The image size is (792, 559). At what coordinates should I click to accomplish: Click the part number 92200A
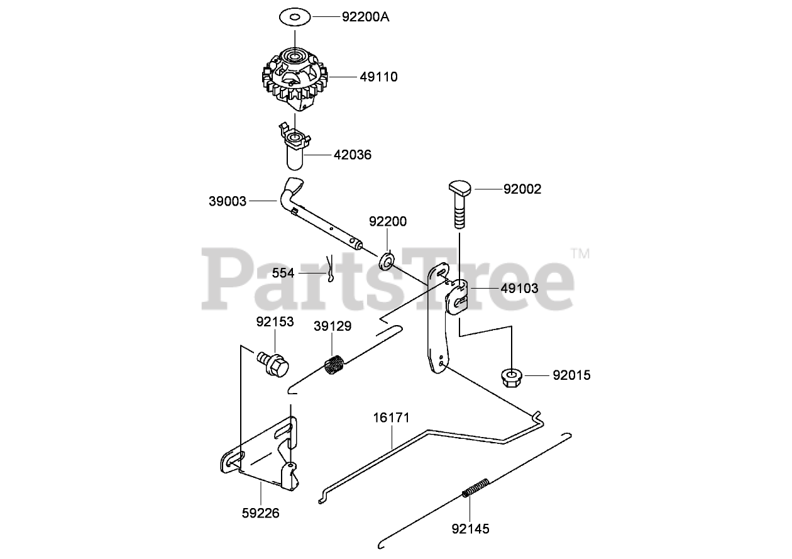pos(366,17)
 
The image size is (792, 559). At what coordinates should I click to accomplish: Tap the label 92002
pos(522,189)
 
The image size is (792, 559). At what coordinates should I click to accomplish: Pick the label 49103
pos(520,289)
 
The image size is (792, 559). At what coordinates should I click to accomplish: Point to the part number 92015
pos(572,376)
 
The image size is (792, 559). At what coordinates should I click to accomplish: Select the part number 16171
pos(392,417)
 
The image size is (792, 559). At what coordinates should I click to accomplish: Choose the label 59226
pos(260,513)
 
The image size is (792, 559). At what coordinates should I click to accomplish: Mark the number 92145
pos(470,528)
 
